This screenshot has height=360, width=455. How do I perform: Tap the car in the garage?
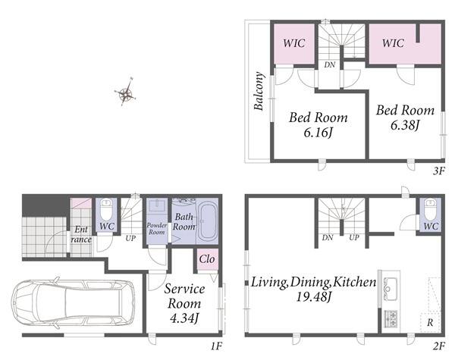(73, 303)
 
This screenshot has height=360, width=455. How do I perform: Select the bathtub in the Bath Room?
(207, 221)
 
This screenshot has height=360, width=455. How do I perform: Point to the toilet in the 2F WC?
(431, 208)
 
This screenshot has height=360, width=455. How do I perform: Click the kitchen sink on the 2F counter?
(390, 289)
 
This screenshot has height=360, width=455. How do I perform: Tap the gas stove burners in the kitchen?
(391, 318)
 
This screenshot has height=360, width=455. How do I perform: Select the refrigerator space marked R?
(430, 322)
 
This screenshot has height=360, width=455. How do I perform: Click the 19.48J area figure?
(314, 297)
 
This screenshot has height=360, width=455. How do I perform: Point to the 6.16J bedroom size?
(318, 133)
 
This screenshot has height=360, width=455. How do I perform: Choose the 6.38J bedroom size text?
(406, 125)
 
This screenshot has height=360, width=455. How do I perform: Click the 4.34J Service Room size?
(184, 319)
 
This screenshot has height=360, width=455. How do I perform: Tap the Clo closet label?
(207, 259)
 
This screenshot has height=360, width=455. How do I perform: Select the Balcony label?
(259, 91)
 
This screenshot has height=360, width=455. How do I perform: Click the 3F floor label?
(439, 171)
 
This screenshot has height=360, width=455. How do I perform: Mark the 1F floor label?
(216, 346)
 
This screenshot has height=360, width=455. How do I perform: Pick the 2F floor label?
(439, 346)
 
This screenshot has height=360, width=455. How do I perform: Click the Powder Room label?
(157, 229)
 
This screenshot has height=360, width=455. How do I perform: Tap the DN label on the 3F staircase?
(330, 64)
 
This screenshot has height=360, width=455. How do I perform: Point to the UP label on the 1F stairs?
(130, 239)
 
